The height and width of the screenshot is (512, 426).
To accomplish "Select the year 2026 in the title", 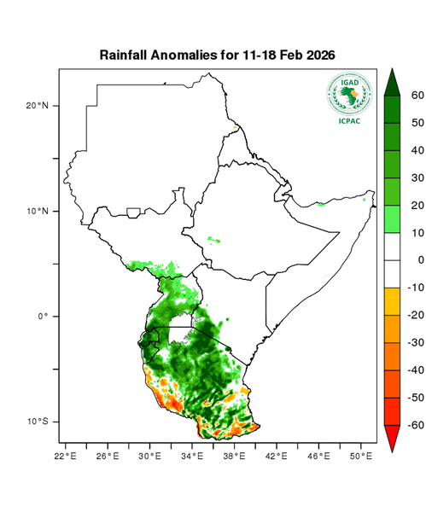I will pos(316,55).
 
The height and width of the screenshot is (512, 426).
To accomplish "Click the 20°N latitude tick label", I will pos(37,106).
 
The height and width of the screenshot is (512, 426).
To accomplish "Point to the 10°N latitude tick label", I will pos(37,211).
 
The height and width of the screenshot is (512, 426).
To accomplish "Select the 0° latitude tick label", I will pos(43,316).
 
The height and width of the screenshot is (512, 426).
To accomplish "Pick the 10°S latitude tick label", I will pos(37,422).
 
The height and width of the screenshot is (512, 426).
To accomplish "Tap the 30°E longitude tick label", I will pos(150,457).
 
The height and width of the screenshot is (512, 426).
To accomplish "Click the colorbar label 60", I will pos(417,96).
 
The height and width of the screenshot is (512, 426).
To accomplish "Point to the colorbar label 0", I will pos(417,259).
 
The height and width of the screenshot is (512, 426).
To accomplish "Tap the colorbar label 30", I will pos(417,177).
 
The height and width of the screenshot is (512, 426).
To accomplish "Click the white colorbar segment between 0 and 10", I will pos(394,246).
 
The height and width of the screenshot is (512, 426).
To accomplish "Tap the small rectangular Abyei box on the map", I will pos(133,212).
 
